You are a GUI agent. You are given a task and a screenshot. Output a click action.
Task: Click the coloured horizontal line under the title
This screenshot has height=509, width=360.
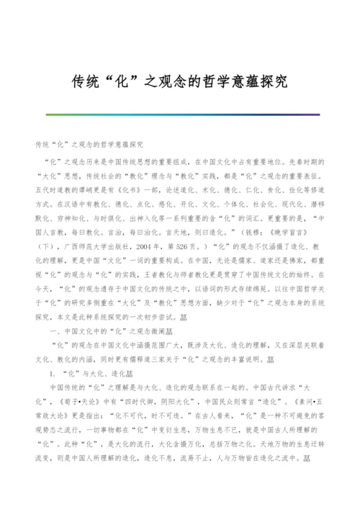[x=179, y=114]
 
